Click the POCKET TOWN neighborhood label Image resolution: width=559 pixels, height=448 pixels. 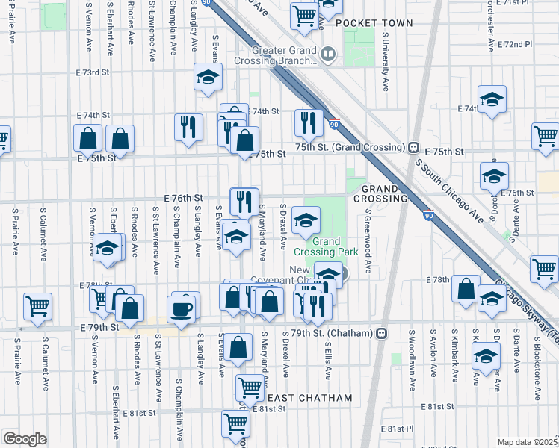coord(374,23)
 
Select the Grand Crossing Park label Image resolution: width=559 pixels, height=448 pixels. coord(327,248)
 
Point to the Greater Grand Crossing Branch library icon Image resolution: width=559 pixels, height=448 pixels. coord(327,55)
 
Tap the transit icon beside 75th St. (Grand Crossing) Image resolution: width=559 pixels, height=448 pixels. coord(413,148)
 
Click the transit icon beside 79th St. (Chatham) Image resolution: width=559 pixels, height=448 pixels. coord(381,332)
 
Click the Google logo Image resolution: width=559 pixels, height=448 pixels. coord(25,439)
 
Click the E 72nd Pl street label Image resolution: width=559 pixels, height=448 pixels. coord(516,45)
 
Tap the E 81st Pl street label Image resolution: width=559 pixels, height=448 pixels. coord(397,429)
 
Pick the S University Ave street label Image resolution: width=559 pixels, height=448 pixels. coord(386,62)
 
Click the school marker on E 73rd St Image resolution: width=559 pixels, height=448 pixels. coord(209,76)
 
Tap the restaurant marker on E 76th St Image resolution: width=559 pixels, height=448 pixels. coord(244,200)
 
